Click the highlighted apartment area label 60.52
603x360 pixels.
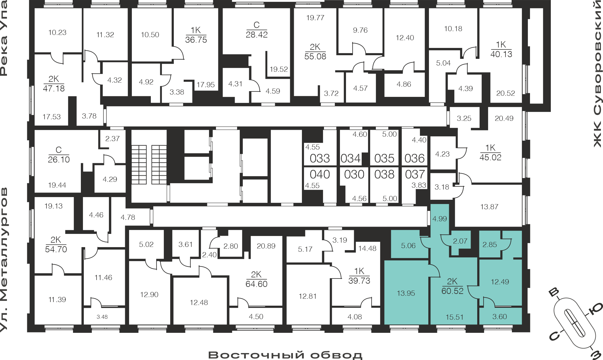click(x=452, y=291)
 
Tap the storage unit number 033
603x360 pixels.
click(x=320, y=158)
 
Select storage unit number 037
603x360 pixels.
click(x=415, y=174)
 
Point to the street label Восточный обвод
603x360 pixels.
click(x=285, y=355)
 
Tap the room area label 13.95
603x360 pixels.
click(x=406, y=293)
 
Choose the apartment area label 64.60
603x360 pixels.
click(x=256, y=284)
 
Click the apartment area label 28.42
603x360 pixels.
click(x=257, y=35)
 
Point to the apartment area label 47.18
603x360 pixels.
click(x=54, y=88)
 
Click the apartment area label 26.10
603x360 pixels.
click(x=59, y=160)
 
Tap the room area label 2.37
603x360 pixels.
click(x=113, y=139)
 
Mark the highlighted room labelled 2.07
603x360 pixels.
click(x=460, y=241)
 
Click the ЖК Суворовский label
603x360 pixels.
click(x=598, y=74)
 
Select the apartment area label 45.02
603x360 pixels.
click(x=490, y=157)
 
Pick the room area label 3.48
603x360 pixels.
click(x=102, y=317)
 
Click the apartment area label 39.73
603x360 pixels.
click(x=359, y=281)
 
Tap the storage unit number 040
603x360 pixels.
click(x=320, y=174)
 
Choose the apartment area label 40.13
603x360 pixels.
click(x=501, y=54)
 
